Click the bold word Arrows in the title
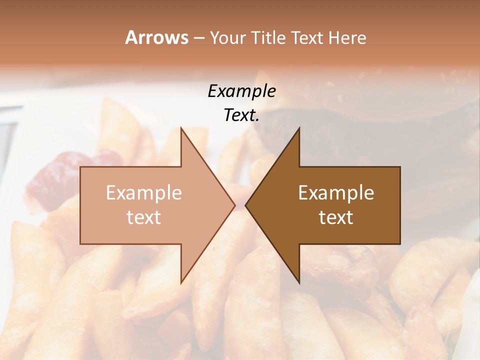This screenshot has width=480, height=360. pyautogui.click(x=156, y=37)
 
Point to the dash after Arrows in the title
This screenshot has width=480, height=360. pyautogui.click(x=198, y=38)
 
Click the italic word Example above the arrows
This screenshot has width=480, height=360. pyautogui.click(x=241, y=91)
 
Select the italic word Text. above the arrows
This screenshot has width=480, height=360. pyautogui.click(x=241, y=115)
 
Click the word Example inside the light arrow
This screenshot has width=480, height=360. pyautogui.click(x=144, y=193)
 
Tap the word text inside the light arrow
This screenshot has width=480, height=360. pyautogui.click(x=144, y=217)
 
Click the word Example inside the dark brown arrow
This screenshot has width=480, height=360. pyautogui.click(x=336, y=193)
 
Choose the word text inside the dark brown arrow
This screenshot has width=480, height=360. pyautogui.click(x=336, y=217)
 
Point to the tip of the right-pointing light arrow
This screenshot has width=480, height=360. pyautogui.click(x=234, y=205)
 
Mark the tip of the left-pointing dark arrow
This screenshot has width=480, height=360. pyautogui.click(x=246, y=205)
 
